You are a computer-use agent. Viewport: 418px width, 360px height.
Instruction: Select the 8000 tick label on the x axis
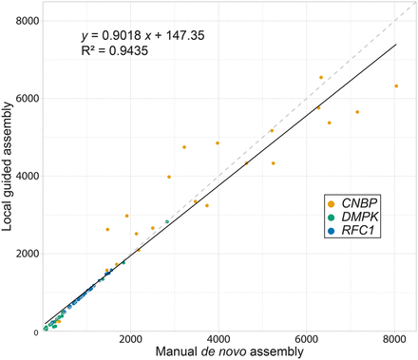click(x=395, y=341)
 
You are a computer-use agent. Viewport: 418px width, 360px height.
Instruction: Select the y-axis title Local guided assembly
click(x=8, y=176)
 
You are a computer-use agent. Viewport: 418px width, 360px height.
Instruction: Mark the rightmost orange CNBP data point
click(x=396, y=85)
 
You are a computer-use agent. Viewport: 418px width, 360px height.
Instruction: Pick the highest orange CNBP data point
click(x=321, y=77)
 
